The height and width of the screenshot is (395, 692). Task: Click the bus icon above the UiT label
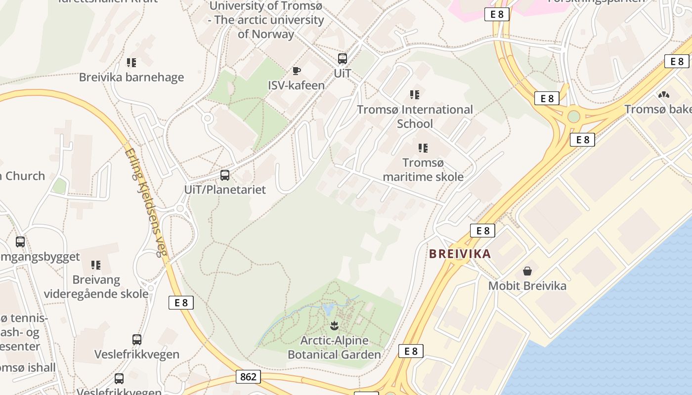[343, 59]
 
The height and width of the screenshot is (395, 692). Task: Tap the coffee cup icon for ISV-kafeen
[297, 71]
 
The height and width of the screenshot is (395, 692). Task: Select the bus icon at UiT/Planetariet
[225, 175]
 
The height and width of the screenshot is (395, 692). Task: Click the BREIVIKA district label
[460, 254]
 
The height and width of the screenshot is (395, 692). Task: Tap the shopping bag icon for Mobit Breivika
[527, 271]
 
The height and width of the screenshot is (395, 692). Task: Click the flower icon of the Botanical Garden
[335, 325]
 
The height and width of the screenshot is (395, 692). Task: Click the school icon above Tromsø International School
[415, 94]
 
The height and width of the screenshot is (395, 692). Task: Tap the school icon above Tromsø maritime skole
[423, 148]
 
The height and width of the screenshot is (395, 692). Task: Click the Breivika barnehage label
[131, 77]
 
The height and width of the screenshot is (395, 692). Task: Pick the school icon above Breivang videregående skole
[96, 265]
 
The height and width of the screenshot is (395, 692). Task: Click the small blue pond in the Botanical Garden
[328, 310]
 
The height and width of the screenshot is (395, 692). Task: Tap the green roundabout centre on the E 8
[573, 117]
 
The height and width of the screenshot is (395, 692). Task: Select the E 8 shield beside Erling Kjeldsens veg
[181, 303]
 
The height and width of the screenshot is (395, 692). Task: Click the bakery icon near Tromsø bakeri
[664, 94]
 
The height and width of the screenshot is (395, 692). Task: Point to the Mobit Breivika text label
[527, 285]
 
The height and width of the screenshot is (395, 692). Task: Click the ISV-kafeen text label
[297, 85]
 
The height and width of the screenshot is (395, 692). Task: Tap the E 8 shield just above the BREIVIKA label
[482, 230]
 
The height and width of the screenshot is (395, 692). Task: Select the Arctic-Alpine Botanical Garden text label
[335, 348]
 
